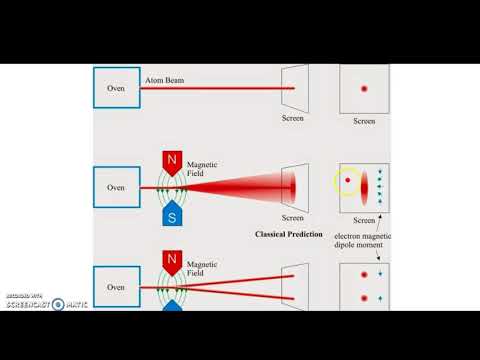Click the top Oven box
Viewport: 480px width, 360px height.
pyautogui.click(x=116, y=88)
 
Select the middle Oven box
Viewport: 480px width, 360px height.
pyautogui.click(x=116, y=186)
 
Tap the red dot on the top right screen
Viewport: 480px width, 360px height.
pyautogui.click(x=364, y=89)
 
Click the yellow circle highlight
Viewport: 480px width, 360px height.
pyautogui.click(x=348, y=182)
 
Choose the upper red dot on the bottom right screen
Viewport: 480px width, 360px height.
pyautogui.click(x=364, y=273)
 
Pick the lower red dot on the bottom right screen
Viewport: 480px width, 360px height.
pyautogui.click(x=364, y=297)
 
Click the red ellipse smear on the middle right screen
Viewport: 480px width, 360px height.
pyautogui.click(x=365, y=186)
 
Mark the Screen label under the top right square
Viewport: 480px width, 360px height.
pyautogui.click(x=364, y=121)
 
